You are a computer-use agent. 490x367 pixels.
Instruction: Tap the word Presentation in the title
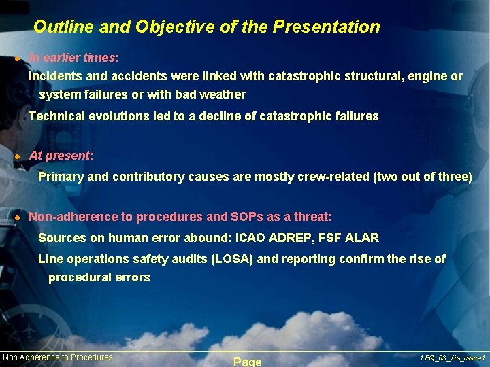tap(326, 27)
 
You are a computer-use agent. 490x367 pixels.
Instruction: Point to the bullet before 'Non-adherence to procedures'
tap(18, 218)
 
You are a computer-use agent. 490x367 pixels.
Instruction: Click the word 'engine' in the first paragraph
tap(427, 76)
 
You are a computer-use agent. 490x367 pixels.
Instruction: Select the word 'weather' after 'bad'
tap(223, 94)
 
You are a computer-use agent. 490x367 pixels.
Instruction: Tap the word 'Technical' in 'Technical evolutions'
tap(56, 116)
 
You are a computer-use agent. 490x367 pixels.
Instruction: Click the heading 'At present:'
tap(61, 156)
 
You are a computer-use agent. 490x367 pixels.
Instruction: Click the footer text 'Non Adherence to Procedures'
tap(58, 357)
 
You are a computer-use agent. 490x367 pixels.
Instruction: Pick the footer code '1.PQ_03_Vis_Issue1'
tap(452, 357)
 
